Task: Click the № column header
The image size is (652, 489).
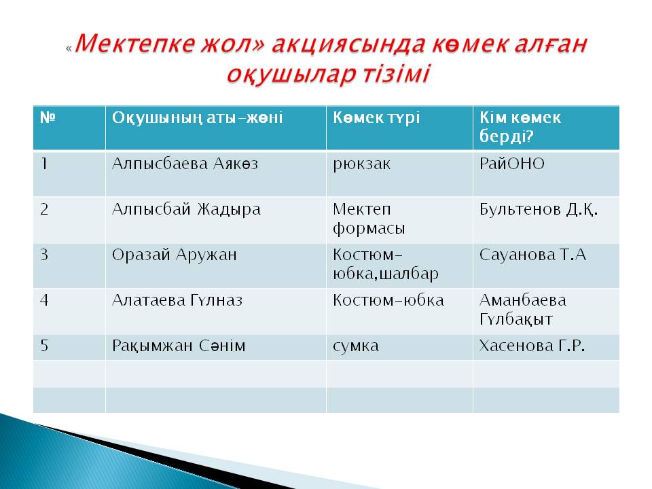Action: pos(48,117)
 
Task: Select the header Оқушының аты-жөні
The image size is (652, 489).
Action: pos(197,118)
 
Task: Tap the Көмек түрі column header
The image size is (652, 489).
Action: pos(376,118)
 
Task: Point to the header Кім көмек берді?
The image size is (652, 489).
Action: pos(520,127)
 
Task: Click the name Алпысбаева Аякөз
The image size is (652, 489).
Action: pos(185,164)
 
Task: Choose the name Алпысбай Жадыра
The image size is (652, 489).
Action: pos(186,209)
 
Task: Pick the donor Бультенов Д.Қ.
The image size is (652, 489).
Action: pos(539,209)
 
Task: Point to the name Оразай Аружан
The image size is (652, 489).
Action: pos(175,255)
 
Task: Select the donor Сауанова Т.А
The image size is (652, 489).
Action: pos(532,255)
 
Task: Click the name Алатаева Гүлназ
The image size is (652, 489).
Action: pos(177,300)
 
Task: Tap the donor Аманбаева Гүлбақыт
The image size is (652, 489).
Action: pos(523,310)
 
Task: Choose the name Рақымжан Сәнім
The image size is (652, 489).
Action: pos(179,346)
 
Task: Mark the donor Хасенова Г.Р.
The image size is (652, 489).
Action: pos(532,346)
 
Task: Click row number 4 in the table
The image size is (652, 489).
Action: pos(45,300)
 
